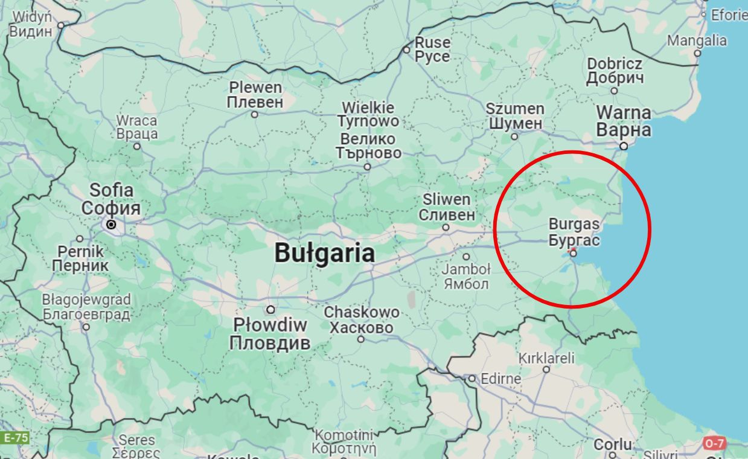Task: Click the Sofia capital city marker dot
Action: coord(111,225)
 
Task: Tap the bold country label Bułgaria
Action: coord(324,252)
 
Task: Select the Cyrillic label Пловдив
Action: coord(270,343)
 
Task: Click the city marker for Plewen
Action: coord(254,114)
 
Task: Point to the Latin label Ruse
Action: coord(432,43)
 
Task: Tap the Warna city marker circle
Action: coord(624,146)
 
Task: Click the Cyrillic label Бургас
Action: coord(574,240)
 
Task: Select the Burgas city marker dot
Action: coord(574,253)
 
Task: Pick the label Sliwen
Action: coord(446,199)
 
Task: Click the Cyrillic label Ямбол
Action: coord(465,283)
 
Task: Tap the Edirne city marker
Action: coord(472,379)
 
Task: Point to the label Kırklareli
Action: coord(546,358)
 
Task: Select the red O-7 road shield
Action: coord(714,443)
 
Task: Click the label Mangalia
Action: coord(697,40)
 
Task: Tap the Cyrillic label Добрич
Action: coord(615,78)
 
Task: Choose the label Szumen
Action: coord(515,109)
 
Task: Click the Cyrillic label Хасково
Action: coord(361,328)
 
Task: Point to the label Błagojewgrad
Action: coord(86,300)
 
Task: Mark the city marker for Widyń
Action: coord(61,25)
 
